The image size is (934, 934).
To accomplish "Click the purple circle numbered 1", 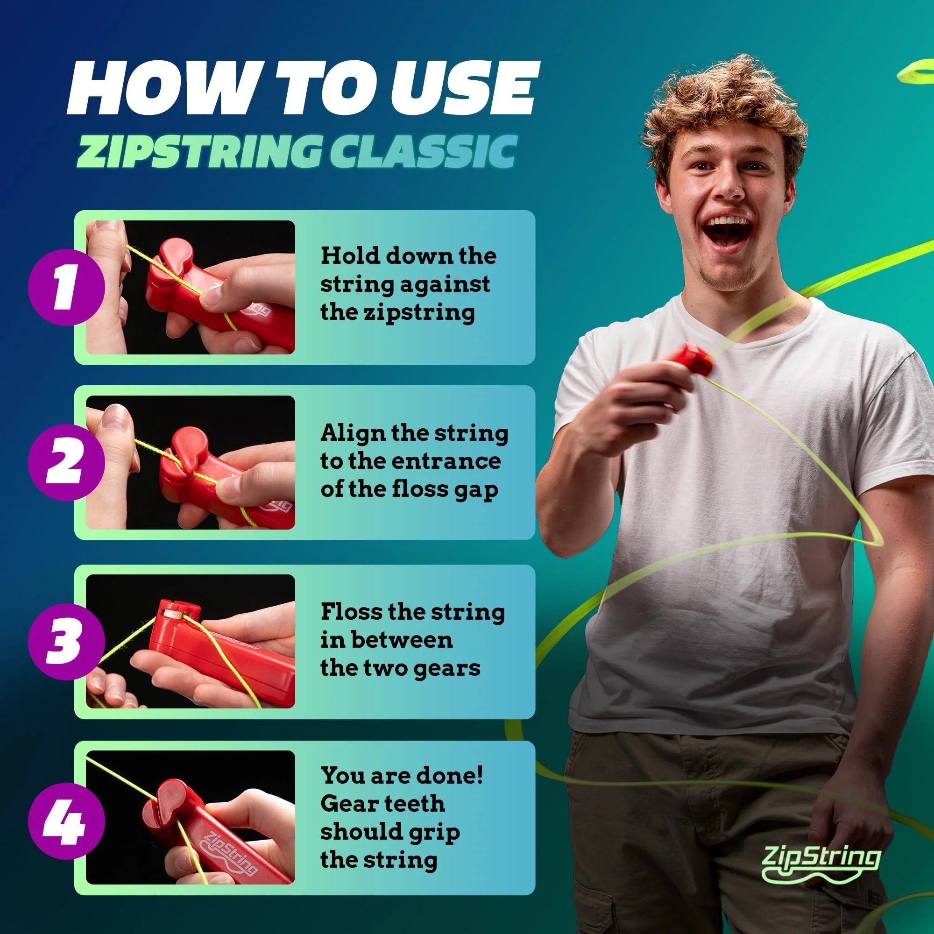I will [66, 287].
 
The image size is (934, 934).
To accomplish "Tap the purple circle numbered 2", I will [66, 461].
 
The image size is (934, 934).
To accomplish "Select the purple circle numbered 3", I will [66, 641].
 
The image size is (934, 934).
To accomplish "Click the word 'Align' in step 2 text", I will [353, 433].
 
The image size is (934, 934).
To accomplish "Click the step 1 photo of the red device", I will [191, 287].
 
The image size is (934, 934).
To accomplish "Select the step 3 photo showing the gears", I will [191, 641].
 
